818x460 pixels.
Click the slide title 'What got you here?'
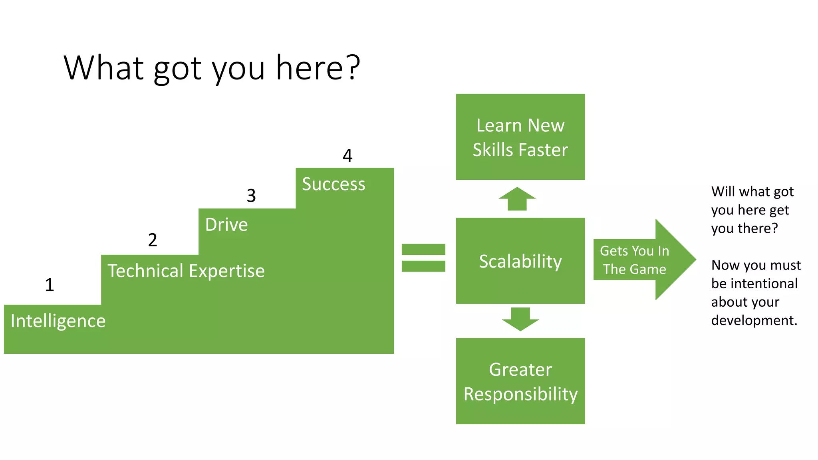tap(212, 68)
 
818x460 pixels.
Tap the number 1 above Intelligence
tap(50, 285)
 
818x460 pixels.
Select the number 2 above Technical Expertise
tap(153, 240)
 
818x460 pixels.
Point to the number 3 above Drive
tap(251, 196)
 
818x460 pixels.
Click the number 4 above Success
tap(347, 156)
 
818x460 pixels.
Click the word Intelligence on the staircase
tap(58, 321)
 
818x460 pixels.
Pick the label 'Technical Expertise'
tap(186, 271)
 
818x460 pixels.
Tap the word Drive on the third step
tap(226, 225)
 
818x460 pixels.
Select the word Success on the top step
tap(334, 184)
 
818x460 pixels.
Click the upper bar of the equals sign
tap(423, 250)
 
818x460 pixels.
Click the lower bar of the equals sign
tap(423, 266)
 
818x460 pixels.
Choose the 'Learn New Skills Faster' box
tap(520, 137)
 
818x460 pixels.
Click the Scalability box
tap(520, 261)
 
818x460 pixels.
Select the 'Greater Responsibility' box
tap(520, 381)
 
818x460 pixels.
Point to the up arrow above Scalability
tap(517, 199)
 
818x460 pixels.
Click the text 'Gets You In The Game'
tap(634, 260)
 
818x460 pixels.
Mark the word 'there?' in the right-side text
tap(758, 228)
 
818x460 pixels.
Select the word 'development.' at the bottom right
tap(754, 320)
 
